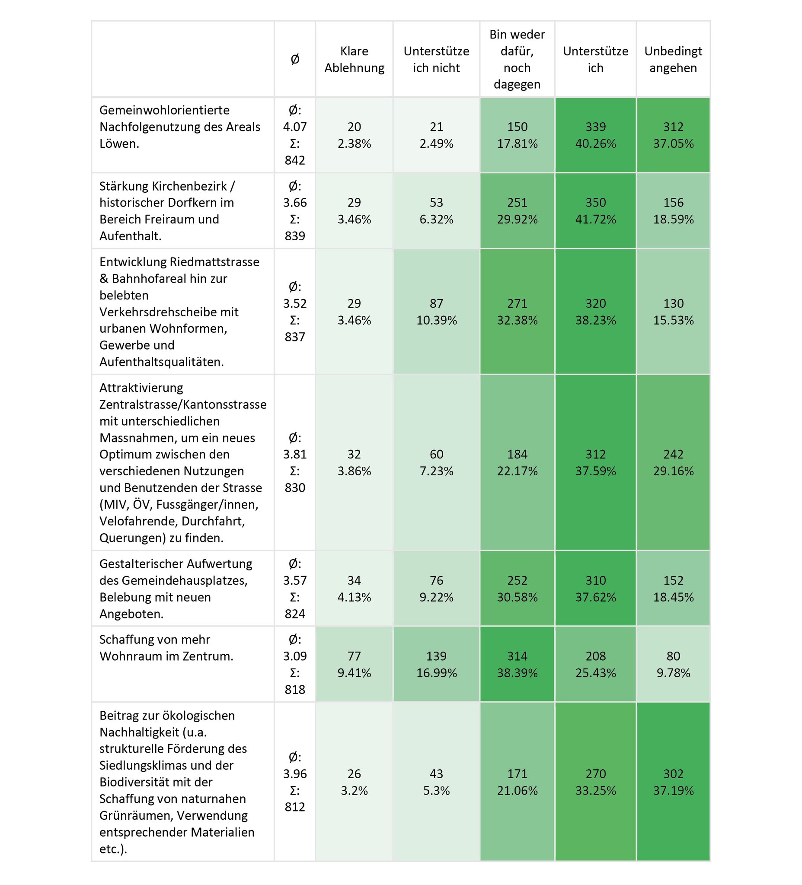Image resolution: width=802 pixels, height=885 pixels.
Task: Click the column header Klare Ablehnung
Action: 354,59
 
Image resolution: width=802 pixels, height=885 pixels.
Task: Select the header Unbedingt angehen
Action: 673,59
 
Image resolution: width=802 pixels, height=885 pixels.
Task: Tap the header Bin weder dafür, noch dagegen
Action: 517,59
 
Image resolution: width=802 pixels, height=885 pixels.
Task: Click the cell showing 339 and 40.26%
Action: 595,135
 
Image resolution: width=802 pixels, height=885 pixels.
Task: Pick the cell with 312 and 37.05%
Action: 673,135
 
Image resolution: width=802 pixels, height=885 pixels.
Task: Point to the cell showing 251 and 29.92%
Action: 517,211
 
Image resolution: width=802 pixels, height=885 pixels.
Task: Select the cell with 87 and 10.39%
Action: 436,312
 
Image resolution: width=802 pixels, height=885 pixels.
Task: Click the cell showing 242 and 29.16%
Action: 673,462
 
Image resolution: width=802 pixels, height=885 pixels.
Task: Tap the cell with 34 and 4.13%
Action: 354,588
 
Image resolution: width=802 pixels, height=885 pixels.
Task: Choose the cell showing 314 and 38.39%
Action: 517,664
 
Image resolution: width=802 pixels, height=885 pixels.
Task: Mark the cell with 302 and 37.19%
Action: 673,782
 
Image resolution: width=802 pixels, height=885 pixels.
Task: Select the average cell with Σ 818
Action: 295,664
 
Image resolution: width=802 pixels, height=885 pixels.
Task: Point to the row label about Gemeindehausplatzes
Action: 176,588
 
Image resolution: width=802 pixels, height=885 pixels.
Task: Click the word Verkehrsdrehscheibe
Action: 169,312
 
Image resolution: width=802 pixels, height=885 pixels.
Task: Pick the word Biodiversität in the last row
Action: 156,782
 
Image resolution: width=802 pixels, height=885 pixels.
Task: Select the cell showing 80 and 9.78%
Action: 673,664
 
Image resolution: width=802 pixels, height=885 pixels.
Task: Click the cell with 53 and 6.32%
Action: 436,211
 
